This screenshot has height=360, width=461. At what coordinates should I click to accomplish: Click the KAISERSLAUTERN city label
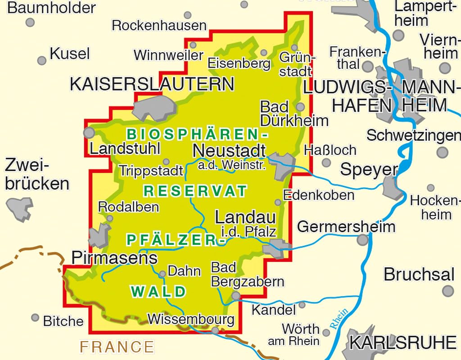pyautogui.click(x=152, y=84)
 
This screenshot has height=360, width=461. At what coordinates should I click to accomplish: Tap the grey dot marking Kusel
pyautogui.click(x=42, y=60)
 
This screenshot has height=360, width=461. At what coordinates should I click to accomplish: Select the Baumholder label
pyautogui.click(x=52, y=8)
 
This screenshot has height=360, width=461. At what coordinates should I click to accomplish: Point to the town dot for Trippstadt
pyautogui.click(x=166, y=162)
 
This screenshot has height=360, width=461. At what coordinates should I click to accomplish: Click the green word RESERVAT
pyautogui.click(x=195, y=191)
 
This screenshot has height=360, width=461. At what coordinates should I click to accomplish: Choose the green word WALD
pyautogui.click(x=158, y=292)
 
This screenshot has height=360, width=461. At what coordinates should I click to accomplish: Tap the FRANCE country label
pyautogui.click(x=117, y=346)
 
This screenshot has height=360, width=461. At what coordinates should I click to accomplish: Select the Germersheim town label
pyautogui.click(x=346, y=226)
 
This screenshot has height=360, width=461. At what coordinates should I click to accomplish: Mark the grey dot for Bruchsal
pyautogui.click(x=447, y=291)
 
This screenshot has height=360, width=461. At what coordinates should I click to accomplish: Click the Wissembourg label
pyautogui.click(x=191, y=319)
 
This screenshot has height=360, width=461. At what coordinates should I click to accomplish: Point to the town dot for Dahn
pyautogui.click(x=163, y=273)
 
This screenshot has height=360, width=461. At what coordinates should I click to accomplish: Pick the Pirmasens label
pyautogui.click(x=115, y=258)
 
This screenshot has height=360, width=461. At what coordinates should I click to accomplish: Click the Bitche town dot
pyautogui.click(x=35, y=318)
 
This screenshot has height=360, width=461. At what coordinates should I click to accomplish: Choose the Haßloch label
pyautogui.click(x=330, y=149)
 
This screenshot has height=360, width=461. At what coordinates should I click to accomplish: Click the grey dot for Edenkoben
pyautogui.click(x=278, y=202)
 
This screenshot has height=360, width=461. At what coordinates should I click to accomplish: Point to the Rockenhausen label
pyautogui.click(x=159, y=25)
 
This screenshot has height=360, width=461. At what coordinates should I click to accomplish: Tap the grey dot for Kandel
pyautogui.click(x=302, y=305)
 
